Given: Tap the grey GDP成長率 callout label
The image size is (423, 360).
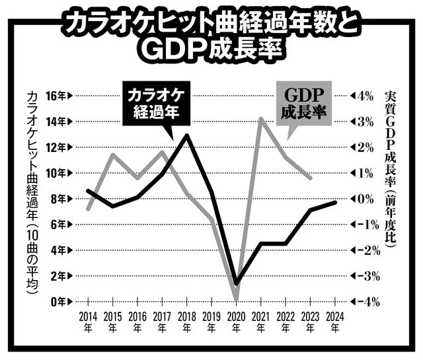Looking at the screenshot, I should [305, 104].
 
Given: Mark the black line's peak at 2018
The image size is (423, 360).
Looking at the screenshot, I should [188, 135].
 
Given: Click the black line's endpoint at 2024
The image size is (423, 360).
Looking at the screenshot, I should [336, 201].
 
